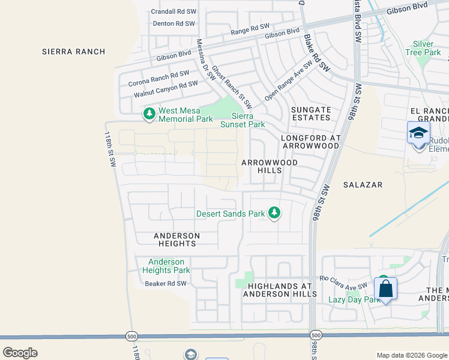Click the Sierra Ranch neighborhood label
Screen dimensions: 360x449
pos(74,52)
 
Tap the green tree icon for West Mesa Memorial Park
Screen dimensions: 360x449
pos(148,113)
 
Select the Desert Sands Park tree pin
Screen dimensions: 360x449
pos(274,213)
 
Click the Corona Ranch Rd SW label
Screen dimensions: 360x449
pos(158,78)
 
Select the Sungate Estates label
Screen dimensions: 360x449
pos(311,115)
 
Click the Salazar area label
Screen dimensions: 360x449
pos(363,185)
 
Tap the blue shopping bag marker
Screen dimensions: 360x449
pos(385,289)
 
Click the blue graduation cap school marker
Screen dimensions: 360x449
pos(418,133)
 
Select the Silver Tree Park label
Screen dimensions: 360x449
pos(427,48)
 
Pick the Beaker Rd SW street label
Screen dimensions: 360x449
pos(166,284)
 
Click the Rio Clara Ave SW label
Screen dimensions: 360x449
pos(343,282)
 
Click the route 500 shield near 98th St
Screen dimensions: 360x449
pos(316,335)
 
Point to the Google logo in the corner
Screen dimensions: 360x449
pos(20,352)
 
